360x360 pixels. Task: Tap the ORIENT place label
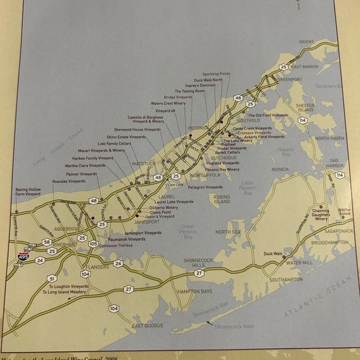[x=307, y=42]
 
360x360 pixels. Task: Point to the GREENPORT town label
[x=289, y=79]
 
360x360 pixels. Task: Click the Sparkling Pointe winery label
[x=216, y=73]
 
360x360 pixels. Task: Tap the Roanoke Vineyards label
[x=69, y=181]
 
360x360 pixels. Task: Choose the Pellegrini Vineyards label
[x=205, y=187]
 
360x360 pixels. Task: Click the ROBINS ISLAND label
[x=222, y=199]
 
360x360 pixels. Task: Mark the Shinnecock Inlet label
[x=231, y=326]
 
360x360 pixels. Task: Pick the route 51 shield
[x=52, y=278]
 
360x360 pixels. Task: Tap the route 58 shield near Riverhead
[x=47, y=241]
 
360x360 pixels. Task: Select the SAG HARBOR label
[x=329, y=163]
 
